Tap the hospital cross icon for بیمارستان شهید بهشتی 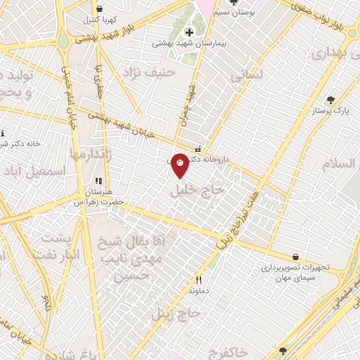[x=189, y=32]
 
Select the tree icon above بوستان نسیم [x=233, y=3]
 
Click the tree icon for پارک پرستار [x=330, y=100]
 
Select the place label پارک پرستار [x=330, y=111]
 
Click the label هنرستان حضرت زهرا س [x=98, y=196]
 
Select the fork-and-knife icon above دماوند [x=198, y=279]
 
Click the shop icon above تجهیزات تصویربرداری [x=295, y=257]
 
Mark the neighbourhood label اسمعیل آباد [x=35, y=171]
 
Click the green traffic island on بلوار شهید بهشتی [x=63, y=41]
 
